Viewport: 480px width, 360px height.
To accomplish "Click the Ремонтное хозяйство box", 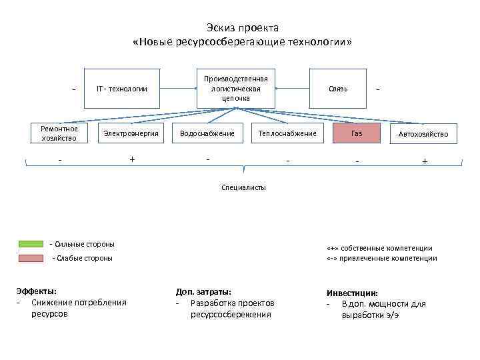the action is pos(59,133).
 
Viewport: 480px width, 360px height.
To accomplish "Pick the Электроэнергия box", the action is pos(131,133).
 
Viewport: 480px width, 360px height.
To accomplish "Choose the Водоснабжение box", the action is pos(207,133).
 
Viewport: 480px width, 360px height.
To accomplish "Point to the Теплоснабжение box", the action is pos(287,133).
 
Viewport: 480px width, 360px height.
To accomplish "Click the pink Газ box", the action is pos(357,133).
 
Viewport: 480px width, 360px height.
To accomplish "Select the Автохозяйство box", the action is pos(423,134).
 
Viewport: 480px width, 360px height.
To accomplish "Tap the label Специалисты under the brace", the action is pos(243,187).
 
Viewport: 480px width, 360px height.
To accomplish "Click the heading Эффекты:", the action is pos(37,291).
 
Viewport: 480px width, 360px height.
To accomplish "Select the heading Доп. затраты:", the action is pos(203,291).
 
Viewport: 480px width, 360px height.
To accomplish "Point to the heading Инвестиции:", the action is pos(352,293).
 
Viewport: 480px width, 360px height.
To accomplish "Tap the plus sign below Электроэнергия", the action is pos(132,159).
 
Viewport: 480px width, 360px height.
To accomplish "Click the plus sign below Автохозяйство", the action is pos(425,161).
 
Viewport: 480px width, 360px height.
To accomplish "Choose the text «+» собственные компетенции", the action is pos(379,247).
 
